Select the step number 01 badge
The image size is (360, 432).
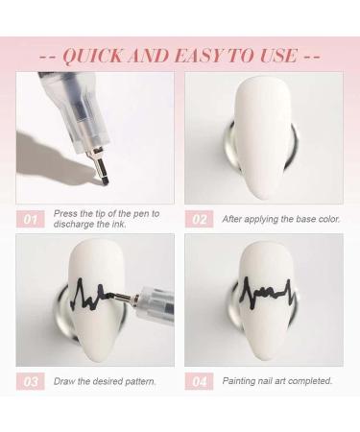click(31, 220)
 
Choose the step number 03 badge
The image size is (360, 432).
click(31, 381)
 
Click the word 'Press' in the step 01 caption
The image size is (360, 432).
click(64, 214)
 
